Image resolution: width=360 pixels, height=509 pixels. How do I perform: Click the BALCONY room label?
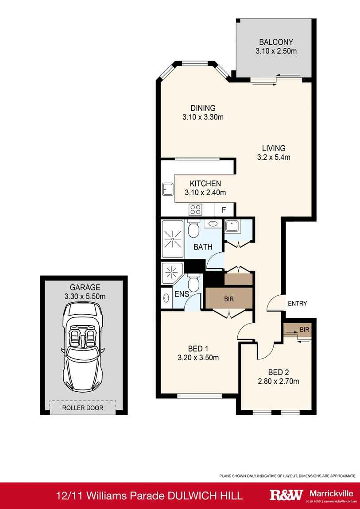coord(276,42)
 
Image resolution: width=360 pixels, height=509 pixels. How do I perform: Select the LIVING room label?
coord(274,148)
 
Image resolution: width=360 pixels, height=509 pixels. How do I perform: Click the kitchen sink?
coord(168,189)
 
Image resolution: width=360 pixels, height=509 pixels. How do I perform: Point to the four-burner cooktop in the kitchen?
coord(195,209)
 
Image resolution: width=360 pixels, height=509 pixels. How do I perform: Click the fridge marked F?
coord(224,210)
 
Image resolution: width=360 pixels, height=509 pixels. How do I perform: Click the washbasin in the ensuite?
coord(166,297)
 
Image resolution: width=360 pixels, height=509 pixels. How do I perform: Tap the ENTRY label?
coord(297,304)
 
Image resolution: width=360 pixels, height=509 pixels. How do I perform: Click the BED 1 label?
coord(198,349)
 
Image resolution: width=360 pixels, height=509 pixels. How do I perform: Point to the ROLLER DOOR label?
coord(83,408)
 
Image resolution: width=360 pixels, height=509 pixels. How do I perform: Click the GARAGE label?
coord(85,287)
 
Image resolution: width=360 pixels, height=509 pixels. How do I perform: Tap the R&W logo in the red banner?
coord(286,495)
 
